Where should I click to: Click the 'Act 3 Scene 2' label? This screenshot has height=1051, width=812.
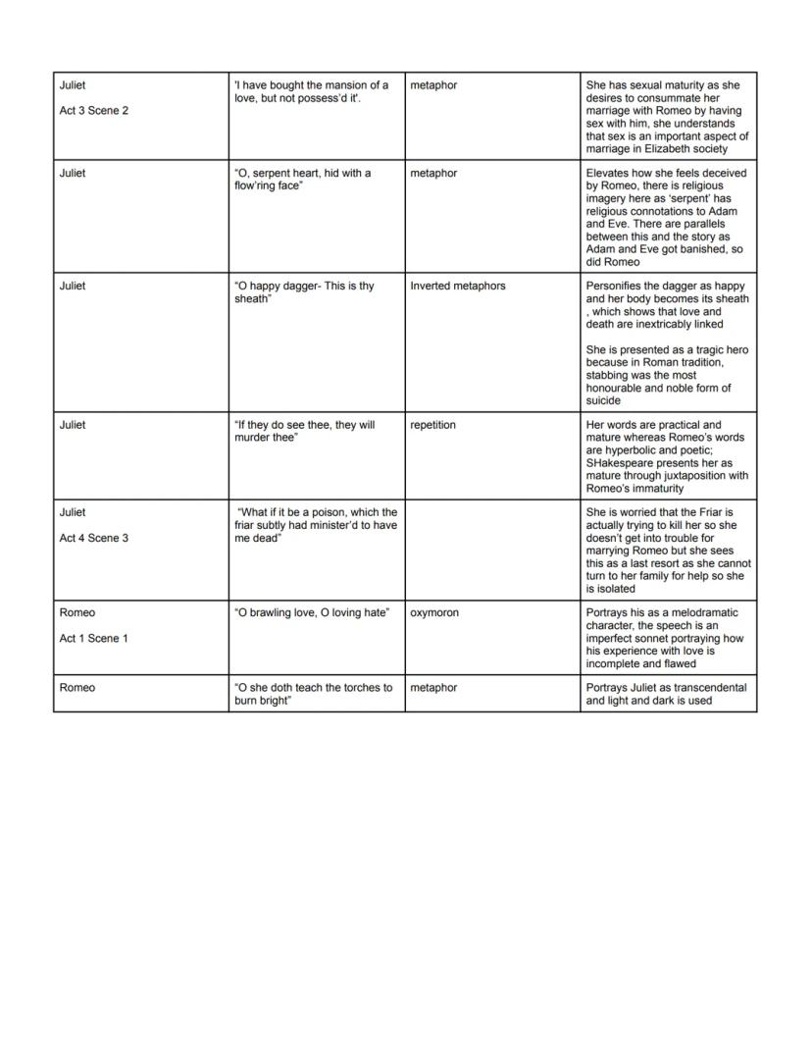pos(93,111)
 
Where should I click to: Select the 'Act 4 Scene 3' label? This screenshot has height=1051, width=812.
pos(93,538)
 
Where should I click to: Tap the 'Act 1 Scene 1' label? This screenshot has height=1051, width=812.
pos(93,638)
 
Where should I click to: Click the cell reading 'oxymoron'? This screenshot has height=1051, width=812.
pos(434,613)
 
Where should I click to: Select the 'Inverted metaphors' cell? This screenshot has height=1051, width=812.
pos(458,287)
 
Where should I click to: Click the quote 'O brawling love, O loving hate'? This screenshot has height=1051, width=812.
pos(312,613)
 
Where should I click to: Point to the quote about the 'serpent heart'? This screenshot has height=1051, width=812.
pos(303,180)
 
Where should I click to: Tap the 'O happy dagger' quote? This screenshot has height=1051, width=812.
pos(304,292)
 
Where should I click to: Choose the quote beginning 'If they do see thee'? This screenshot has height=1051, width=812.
pos(304,431)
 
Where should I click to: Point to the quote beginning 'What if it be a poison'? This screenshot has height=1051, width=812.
pos(316,525)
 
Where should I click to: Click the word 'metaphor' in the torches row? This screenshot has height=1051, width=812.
pos(433,688)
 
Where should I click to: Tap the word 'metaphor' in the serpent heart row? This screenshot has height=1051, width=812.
pos(433,174)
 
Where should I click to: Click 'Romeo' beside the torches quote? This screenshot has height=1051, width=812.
pos(77,688)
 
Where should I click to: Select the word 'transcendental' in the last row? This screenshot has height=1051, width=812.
pos(710,688)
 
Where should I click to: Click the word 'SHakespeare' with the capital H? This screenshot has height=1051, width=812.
pos(619,463)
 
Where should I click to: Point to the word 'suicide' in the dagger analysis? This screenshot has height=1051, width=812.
pos(603,400)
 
